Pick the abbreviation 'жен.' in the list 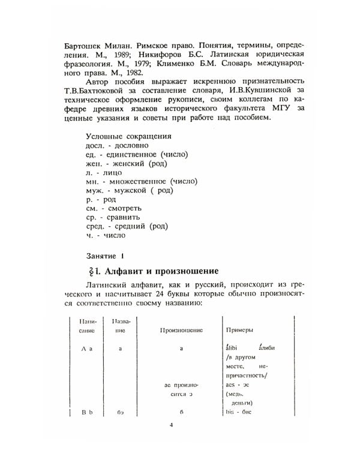[x=97, y=163]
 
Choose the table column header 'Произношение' [x=181, y=330]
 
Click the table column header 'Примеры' [x=238, y=330]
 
